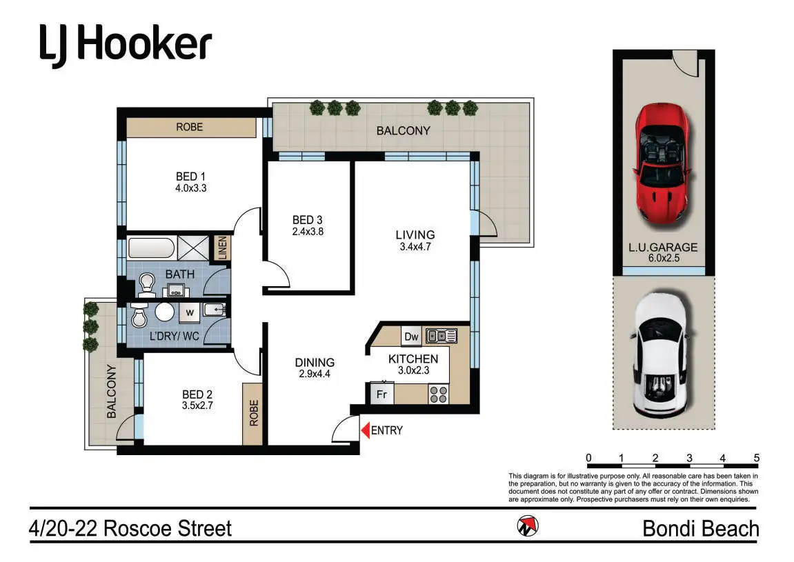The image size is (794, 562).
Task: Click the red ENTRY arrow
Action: tap(365, 430)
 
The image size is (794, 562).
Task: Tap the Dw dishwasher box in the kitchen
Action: tap(412, 337)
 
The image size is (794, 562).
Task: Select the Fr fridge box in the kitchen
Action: tap(381, 394)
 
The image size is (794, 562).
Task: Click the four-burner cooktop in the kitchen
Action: tap(439, 394)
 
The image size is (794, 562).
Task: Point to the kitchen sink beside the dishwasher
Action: tap(441, 336)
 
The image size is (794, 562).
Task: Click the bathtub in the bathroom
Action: tap(151, 249)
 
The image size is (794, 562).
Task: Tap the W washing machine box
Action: tap(190, 313)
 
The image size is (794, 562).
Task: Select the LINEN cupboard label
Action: tap(222, 248)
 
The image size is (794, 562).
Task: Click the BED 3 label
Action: tap(308, 220)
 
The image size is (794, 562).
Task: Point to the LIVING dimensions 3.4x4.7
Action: tap(415, 247)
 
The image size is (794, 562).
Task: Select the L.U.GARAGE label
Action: tap(663, 247)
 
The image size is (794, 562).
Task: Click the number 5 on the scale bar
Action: tap(757, 458)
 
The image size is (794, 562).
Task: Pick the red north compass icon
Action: tap(528, 527)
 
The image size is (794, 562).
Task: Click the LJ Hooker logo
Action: tap(126, 46)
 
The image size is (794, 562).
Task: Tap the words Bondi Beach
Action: tap(701, 529)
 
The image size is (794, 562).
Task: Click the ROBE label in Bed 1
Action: tap(190, 127)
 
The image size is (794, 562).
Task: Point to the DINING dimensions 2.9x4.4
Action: tap(315, 374)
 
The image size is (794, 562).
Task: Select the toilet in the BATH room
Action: tap(147, 285)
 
